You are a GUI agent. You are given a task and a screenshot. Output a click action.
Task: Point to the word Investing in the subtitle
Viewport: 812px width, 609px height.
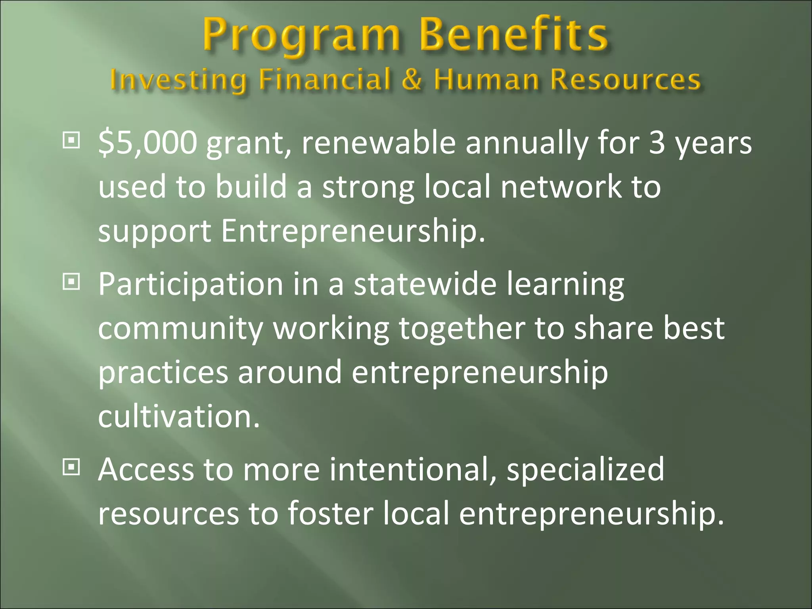(x=178, y=80)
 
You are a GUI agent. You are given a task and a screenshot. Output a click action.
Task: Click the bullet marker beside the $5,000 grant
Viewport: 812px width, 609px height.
(x=71, y=141)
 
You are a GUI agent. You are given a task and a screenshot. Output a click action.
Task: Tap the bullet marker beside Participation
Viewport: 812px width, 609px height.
(x=71, y=282)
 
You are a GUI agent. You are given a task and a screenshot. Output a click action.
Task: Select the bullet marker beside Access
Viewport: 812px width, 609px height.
(x=71, y=468)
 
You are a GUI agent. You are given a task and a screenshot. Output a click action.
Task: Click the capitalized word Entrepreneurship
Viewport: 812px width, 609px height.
(x=353, y=232)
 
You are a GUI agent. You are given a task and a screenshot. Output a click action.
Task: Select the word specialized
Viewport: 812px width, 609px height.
(x=585, y=470)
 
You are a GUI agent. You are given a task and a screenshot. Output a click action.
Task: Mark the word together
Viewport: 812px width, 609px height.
(x=462, y=329)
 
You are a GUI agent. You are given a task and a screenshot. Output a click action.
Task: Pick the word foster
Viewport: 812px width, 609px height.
(x=331, y=514)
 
